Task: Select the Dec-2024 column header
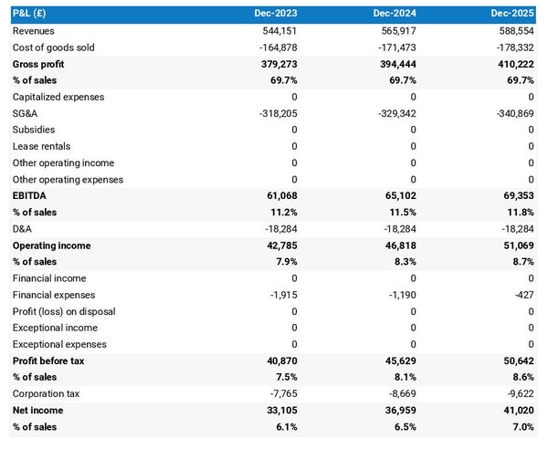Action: (x=394, y=15)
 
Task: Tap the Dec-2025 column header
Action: (x=511, y=15)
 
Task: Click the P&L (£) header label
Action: (x=30, y=15)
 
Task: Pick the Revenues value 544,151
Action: (x=279, y=31)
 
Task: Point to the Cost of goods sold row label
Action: (x=53, y=47)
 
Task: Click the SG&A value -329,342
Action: (x=395, y=113)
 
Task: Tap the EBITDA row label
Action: (x=30, y=196)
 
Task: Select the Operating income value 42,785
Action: (x=280, y=245)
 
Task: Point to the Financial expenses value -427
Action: (x=524, y=295)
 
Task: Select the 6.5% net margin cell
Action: (x=404, y=427)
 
